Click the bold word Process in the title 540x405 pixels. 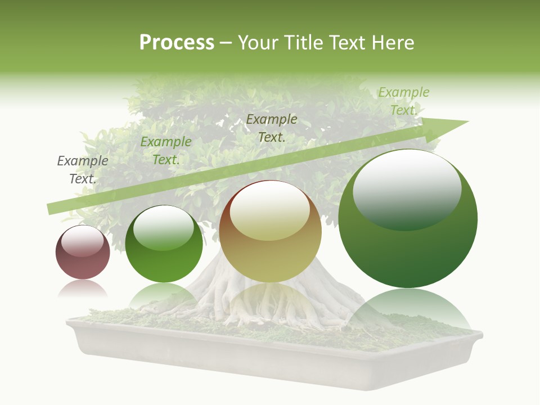click(x=177, y=43)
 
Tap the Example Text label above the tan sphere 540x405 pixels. click(x=272, y=128)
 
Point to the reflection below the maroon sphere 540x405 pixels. click(x=83, y=289)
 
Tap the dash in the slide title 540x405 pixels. click(x=226, y=43)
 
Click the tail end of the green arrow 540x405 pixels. click(x=51, y=209)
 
